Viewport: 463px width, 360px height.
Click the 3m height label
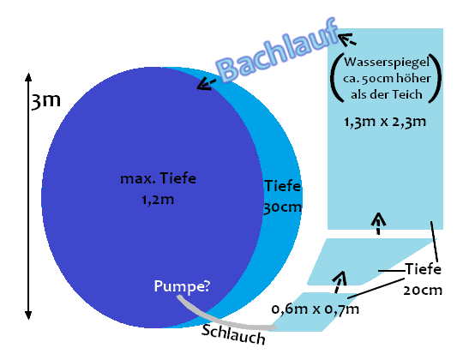[x=45, y=101]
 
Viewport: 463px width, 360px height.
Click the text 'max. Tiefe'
[x=159, y=178]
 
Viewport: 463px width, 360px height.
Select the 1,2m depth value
[x=158, y=200]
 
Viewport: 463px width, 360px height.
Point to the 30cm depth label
[x=283, y=207]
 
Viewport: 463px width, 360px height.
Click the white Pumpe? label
[x=182, y=286]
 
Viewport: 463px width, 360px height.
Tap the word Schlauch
[x=233, y=334]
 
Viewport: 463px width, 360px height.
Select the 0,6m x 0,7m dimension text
[x=316, y=309]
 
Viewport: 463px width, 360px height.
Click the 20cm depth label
[x=423, y=291]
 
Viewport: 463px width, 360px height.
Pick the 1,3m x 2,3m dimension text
[x=385, y=122]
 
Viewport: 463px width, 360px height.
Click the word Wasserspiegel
[x=387, y=63]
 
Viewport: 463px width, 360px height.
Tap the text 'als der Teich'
[x=386, y=94]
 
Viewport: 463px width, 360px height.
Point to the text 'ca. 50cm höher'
[x=387, y=79]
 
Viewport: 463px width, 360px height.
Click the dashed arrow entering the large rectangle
[x=379, y=223]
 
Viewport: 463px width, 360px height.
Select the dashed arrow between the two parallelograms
[x=339, y=282]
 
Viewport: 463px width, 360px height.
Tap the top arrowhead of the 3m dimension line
[x=28, y=77]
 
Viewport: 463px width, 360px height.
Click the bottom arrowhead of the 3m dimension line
[x=28, y=315]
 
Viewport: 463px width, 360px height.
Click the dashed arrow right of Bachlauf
[x=347, y=39]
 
